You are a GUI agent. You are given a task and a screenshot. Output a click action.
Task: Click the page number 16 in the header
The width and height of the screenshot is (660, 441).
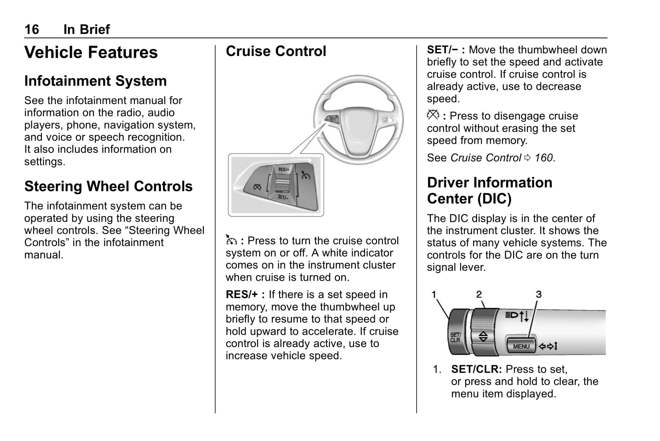(32, 30)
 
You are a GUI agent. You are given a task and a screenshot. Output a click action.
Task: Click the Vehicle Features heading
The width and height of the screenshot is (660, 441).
(91, 52)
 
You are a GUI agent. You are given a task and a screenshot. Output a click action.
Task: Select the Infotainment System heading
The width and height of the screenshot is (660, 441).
(96, 81)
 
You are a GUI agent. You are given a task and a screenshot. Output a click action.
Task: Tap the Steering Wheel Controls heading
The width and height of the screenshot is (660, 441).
(108, 186)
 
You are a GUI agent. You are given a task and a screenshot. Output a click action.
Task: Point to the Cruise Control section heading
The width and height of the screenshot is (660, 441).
(276, 51)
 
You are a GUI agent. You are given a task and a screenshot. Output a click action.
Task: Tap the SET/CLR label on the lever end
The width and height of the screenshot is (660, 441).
(455, 337)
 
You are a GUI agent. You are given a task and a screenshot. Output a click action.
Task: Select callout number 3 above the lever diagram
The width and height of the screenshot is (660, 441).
(539, 294)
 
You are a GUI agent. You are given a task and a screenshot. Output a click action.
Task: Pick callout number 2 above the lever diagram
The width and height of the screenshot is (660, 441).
(479, 294)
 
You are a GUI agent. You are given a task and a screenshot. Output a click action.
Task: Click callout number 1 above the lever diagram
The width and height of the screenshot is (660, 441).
(434, 294)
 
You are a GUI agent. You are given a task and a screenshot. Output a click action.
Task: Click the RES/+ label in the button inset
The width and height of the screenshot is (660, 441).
(284, 169)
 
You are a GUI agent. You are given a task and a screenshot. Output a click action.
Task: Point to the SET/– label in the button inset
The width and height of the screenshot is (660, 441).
(283, 197)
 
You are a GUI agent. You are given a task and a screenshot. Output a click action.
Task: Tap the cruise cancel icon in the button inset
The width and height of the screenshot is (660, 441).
(257, 187)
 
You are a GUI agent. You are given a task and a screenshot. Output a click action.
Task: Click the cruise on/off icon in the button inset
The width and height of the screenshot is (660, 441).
(306, 175)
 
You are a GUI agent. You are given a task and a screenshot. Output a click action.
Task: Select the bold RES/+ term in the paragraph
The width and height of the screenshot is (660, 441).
(242, 295)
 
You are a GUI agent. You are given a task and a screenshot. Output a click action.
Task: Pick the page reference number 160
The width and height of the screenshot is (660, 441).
(544, 158)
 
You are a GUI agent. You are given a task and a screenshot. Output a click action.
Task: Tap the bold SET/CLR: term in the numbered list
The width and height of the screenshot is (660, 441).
(477, 369)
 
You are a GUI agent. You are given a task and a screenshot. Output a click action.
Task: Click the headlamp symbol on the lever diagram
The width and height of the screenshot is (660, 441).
(512, 315)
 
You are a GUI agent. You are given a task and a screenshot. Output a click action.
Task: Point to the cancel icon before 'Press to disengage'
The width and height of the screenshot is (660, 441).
(433, 115)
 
